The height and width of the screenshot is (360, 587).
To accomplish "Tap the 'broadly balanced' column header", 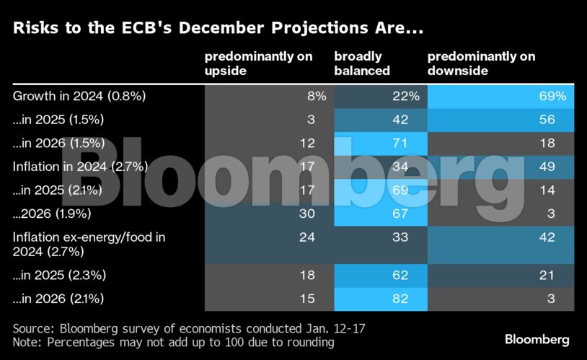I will point(362,63).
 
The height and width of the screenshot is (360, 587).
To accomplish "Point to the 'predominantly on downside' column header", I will point(481,63).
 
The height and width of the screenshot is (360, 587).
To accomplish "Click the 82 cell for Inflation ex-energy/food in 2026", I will point(400,298).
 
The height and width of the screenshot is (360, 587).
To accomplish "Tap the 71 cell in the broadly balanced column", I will point(400,143).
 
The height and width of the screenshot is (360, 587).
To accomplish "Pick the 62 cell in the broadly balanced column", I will point(400,275).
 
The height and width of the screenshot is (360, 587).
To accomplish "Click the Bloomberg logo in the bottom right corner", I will point(537,338).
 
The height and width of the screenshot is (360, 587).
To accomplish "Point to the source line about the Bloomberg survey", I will point(189,328).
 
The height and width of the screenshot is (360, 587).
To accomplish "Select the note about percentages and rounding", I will point(173,343).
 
